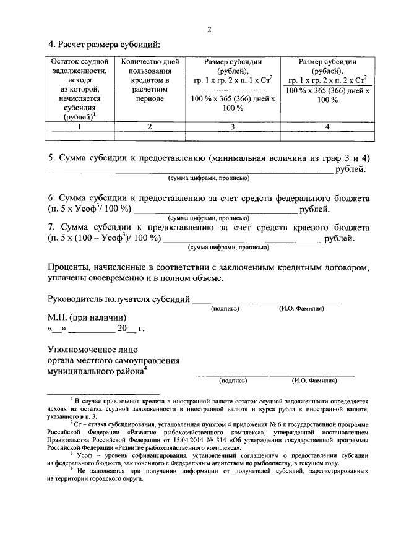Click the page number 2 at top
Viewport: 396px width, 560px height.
click(209, 29)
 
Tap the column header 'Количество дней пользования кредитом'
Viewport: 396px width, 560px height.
click(150, 80)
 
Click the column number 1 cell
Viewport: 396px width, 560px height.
click(80, 126)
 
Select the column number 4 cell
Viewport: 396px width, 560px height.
click(327, 126)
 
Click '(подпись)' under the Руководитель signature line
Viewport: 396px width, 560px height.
click(225, 308)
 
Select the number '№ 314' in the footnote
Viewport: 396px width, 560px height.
click(214, 440)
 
